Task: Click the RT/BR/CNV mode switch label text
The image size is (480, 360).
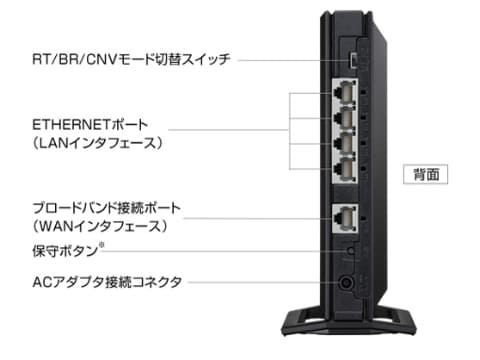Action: coord(131,60)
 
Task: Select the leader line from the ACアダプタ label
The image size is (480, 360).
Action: coord(260,283)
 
